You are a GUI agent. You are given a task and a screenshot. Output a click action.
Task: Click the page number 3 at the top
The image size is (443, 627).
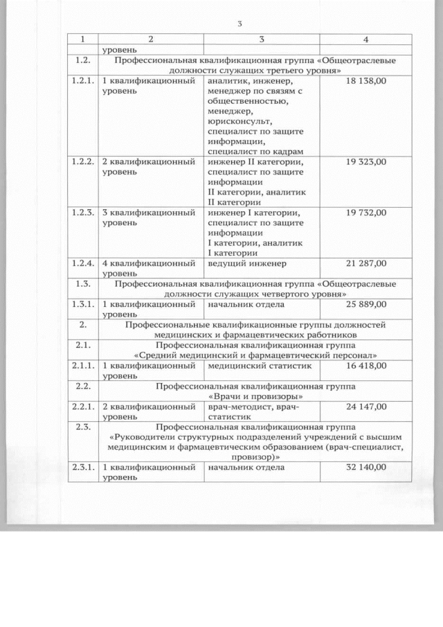[x=239, y=24]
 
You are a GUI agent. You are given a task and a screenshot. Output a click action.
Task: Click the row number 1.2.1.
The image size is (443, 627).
[x=83, y=81]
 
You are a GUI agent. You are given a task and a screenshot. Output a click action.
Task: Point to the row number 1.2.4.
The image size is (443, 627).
[x=83, y=263]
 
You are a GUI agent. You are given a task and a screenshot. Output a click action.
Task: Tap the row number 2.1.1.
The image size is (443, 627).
[x=83, y=365]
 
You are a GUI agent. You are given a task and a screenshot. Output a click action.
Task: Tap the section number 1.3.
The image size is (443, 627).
[x=83, y=284]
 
